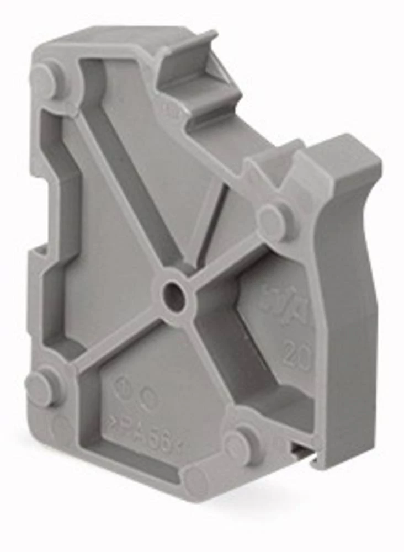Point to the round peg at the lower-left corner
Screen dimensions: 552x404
click(41, 387)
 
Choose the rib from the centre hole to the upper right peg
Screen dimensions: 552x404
click(226, 257)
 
